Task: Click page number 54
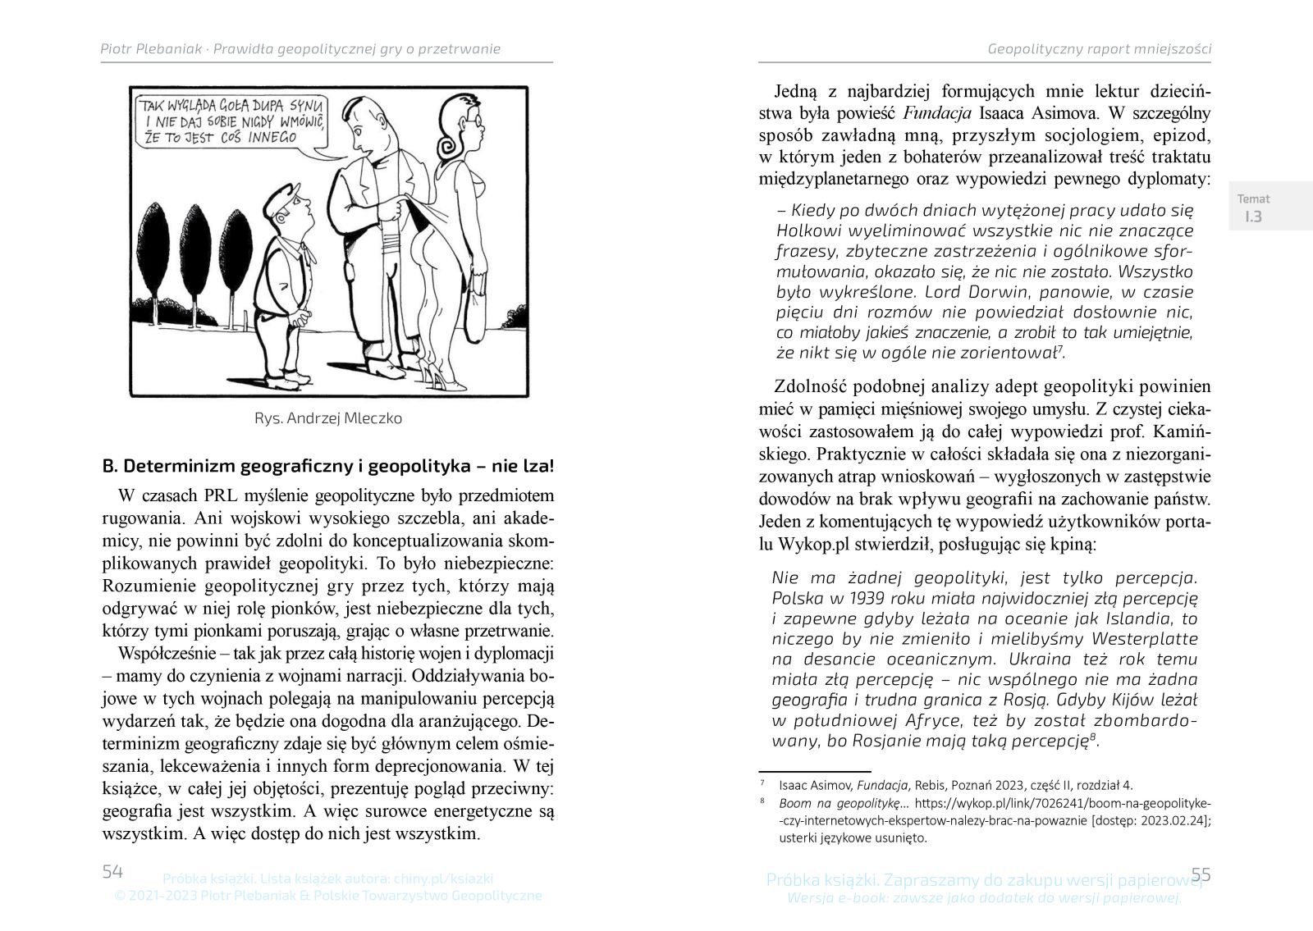112,872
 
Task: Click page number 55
1201,874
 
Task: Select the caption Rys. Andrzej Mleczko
328,418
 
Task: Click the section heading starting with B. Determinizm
328,467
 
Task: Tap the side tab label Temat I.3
1253,208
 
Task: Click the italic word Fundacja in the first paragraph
939,112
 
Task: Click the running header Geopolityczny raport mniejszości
1100,49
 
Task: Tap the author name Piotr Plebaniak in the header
151,49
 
